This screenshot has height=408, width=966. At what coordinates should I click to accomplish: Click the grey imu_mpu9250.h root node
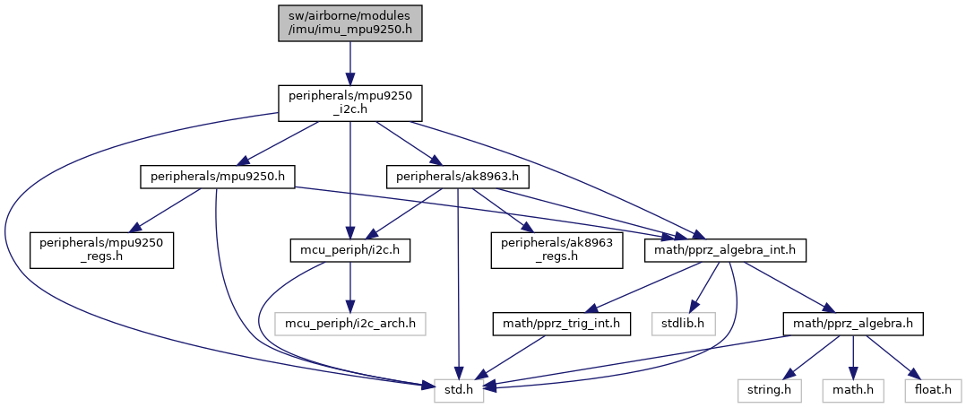(x=349, y=21)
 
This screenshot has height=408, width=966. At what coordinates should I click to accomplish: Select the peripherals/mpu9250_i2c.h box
(x=349, y=103)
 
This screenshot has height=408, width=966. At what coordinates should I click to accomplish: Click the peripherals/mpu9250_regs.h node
(x=101, y=250)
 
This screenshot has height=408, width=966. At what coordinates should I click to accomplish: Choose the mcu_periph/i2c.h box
(x=349, y=250)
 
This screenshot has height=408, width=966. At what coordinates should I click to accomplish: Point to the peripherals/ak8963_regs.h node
(x=556, y=250)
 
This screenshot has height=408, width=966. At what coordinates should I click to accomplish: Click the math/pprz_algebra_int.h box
(x=726, y=250)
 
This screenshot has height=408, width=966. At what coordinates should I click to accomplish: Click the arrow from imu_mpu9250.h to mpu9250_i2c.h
(x=349, y=62)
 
